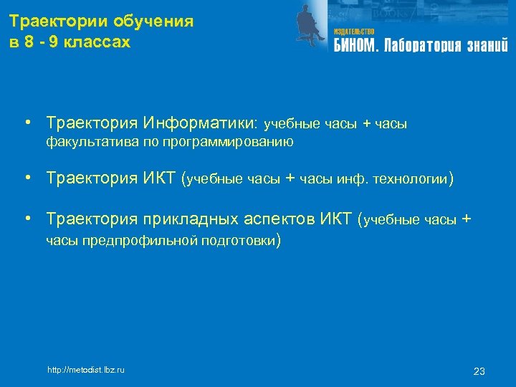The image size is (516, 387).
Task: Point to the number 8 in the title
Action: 29,42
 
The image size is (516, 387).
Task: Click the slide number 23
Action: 479,371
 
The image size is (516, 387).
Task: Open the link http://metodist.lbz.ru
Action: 85,370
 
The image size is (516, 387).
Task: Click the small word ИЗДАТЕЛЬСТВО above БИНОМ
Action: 354,32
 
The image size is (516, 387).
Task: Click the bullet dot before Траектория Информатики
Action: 26,123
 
